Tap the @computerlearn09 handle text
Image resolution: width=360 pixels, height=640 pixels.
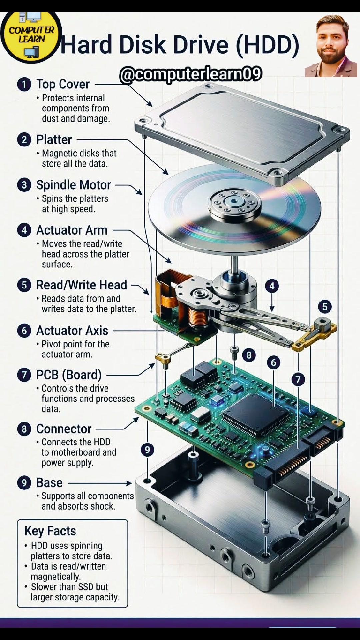(x=190, y=74)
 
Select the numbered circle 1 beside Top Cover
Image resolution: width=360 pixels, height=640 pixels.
(x=24, y=84)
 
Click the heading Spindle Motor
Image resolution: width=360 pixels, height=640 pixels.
(x=73, y=185)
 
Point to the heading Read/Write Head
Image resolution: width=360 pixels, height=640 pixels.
(x=81, y=285)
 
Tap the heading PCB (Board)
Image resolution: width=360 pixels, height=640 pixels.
(x=69, y=375)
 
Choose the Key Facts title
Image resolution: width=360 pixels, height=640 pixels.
(x=50, y=531)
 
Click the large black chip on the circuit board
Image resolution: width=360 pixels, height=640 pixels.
(x=255, y=415)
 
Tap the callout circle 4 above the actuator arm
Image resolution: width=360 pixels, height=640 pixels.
(x=272, y=286)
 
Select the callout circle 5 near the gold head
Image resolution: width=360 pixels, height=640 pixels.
(x=325, y=307)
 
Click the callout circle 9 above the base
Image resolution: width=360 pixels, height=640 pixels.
(x=147, y=450)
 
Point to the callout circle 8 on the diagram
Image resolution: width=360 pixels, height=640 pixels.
(x=249, y=355)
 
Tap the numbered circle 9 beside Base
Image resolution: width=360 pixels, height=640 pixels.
(x=24, y=483)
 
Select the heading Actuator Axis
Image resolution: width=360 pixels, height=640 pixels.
(x=72, y=331)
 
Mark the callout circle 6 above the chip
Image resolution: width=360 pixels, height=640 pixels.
(x=274, y=362)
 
